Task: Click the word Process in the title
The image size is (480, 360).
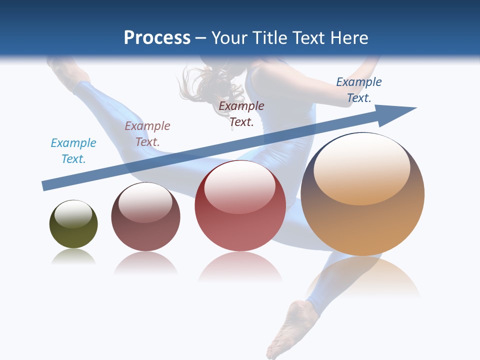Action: click(x=157, y=38)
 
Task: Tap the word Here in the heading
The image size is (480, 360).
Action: click(x=350, y=38)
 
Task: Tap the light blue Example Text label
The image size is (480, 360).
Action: click(x=73, y=150)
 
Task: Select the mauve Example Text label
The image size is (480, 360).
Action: click(x=147, y=133)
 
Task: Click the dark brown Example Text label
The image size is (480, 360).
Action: click(x=241, y=113)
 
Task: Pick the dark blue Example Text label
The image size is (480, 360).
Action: click(x=359, y=89)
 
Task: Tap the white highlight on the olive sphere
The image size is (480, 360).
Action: click(x=73, y=214)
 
